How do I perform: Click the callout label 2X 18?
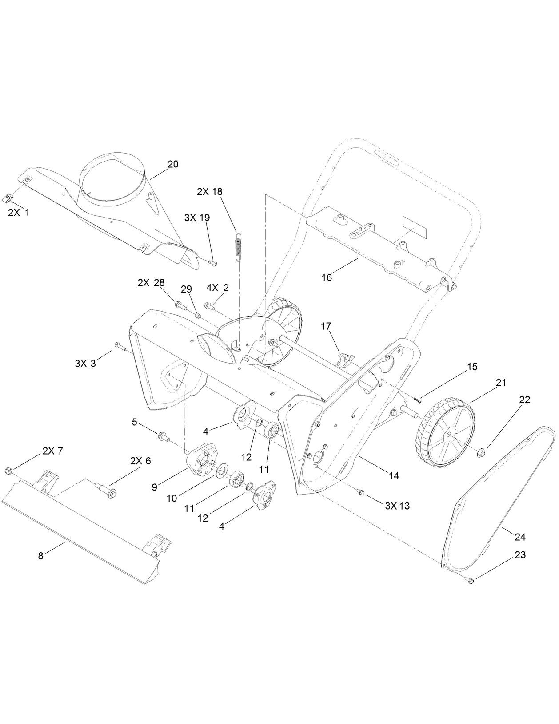pos(209,192)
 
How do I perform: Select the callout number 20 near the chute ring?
pos(173,164)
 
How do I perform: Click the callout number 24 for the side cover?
pos(520,537)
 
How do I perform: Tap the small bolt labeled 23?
pos(471,580)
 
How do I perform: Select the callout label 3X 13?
pos(397,506)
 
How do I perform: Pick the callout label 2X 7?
pos(53,451)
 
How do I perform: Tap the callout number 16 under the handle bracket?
pos(327,277)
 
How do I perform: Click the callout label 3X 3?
pos(85,364)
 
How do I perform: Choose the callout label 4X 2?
pos(218,288)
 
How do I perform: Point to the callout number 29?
pos(186,289)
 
